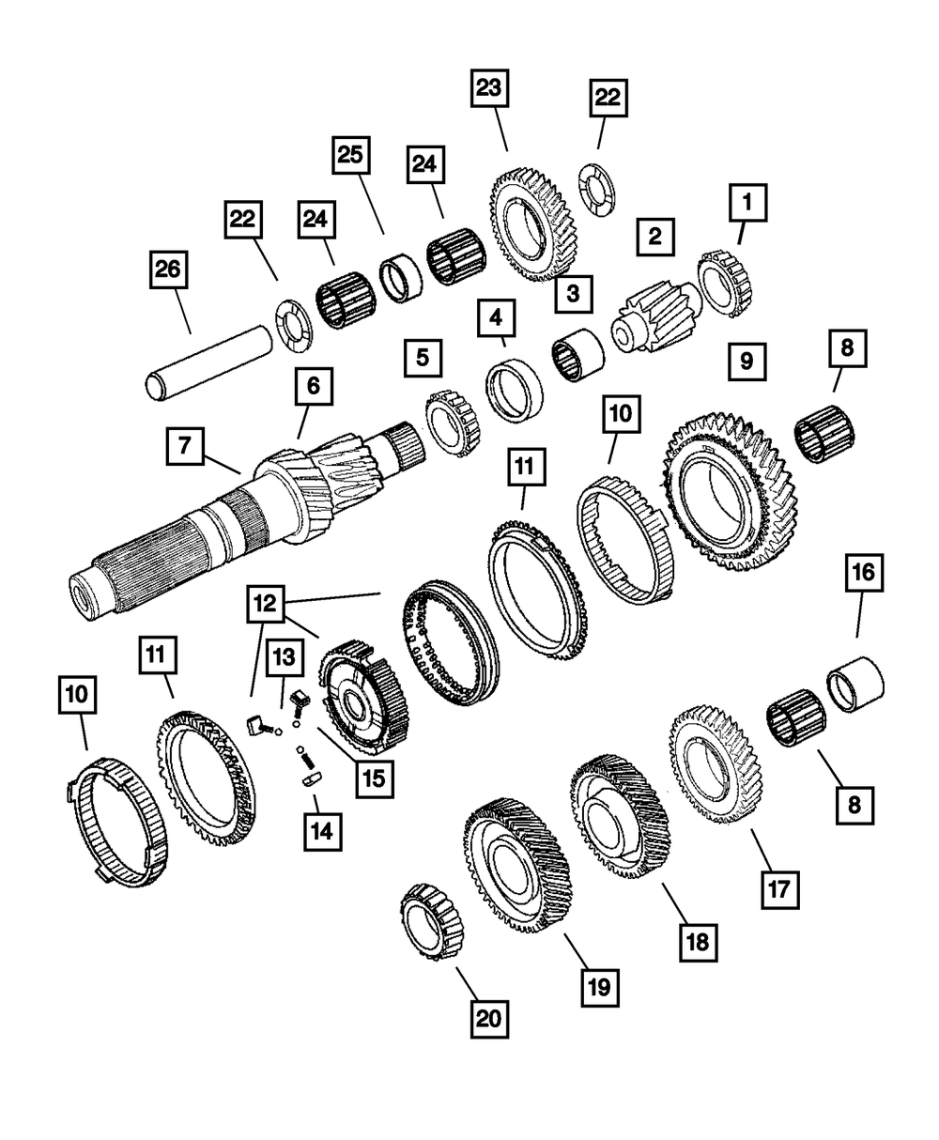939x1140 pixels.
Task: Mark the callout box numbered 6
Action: tap(313, 386)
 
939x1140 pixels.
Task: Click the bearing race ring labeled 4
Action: tap(515, 391)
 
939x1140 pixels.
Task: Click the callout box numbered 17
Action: tap(779, 888)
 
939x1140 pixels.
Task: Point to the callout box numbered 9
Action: tap(747, 361)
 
